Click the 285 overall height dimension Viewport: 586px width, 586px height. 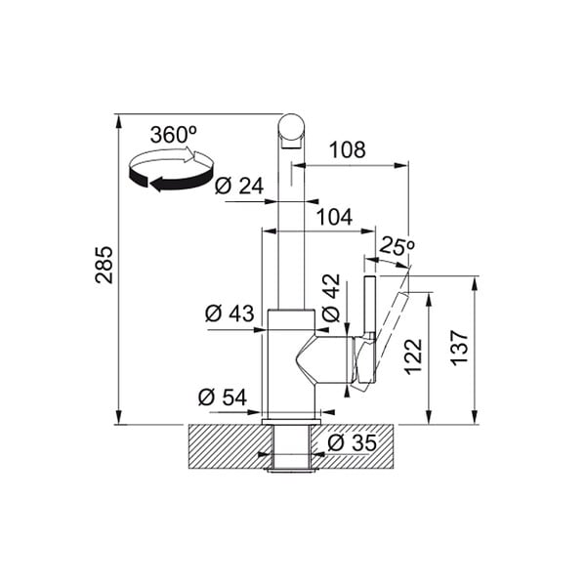click(104, 265)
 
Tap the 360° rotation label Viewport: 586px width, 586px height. click(174, 134)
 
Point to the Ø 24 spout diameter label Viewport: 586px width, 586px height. click(239, 186)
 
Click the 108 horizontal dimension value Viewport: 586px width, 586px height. click(348, 149)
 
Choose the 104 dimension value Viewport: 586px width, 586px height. click(334, 217)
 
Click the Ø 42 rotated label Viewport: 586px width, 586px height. click(331, 298)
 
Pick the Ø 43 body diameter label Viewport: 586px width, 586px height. click(230, 314)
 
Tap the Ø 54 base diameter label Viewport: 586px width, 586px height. click(223, 397)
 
